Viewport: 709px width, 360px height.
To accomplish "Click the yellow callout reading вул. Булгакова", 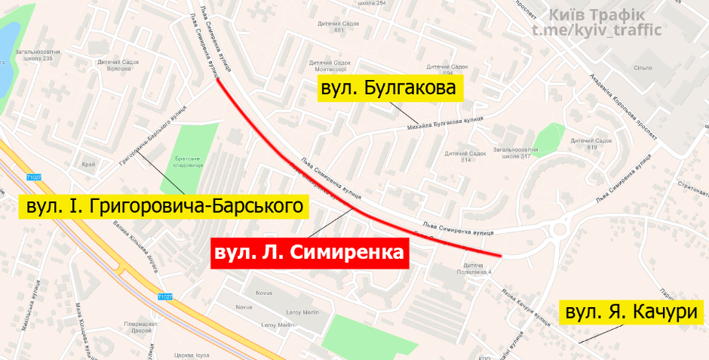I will point(388,89).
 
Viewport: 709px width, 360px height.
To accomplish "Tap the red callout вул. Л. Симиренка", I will point(308,250).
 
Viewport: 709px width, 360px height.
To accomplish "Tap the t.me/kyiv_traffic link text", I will point(597,30).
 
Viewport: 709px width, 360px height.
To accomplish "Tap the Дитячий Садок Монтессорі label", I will point(330,66).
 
